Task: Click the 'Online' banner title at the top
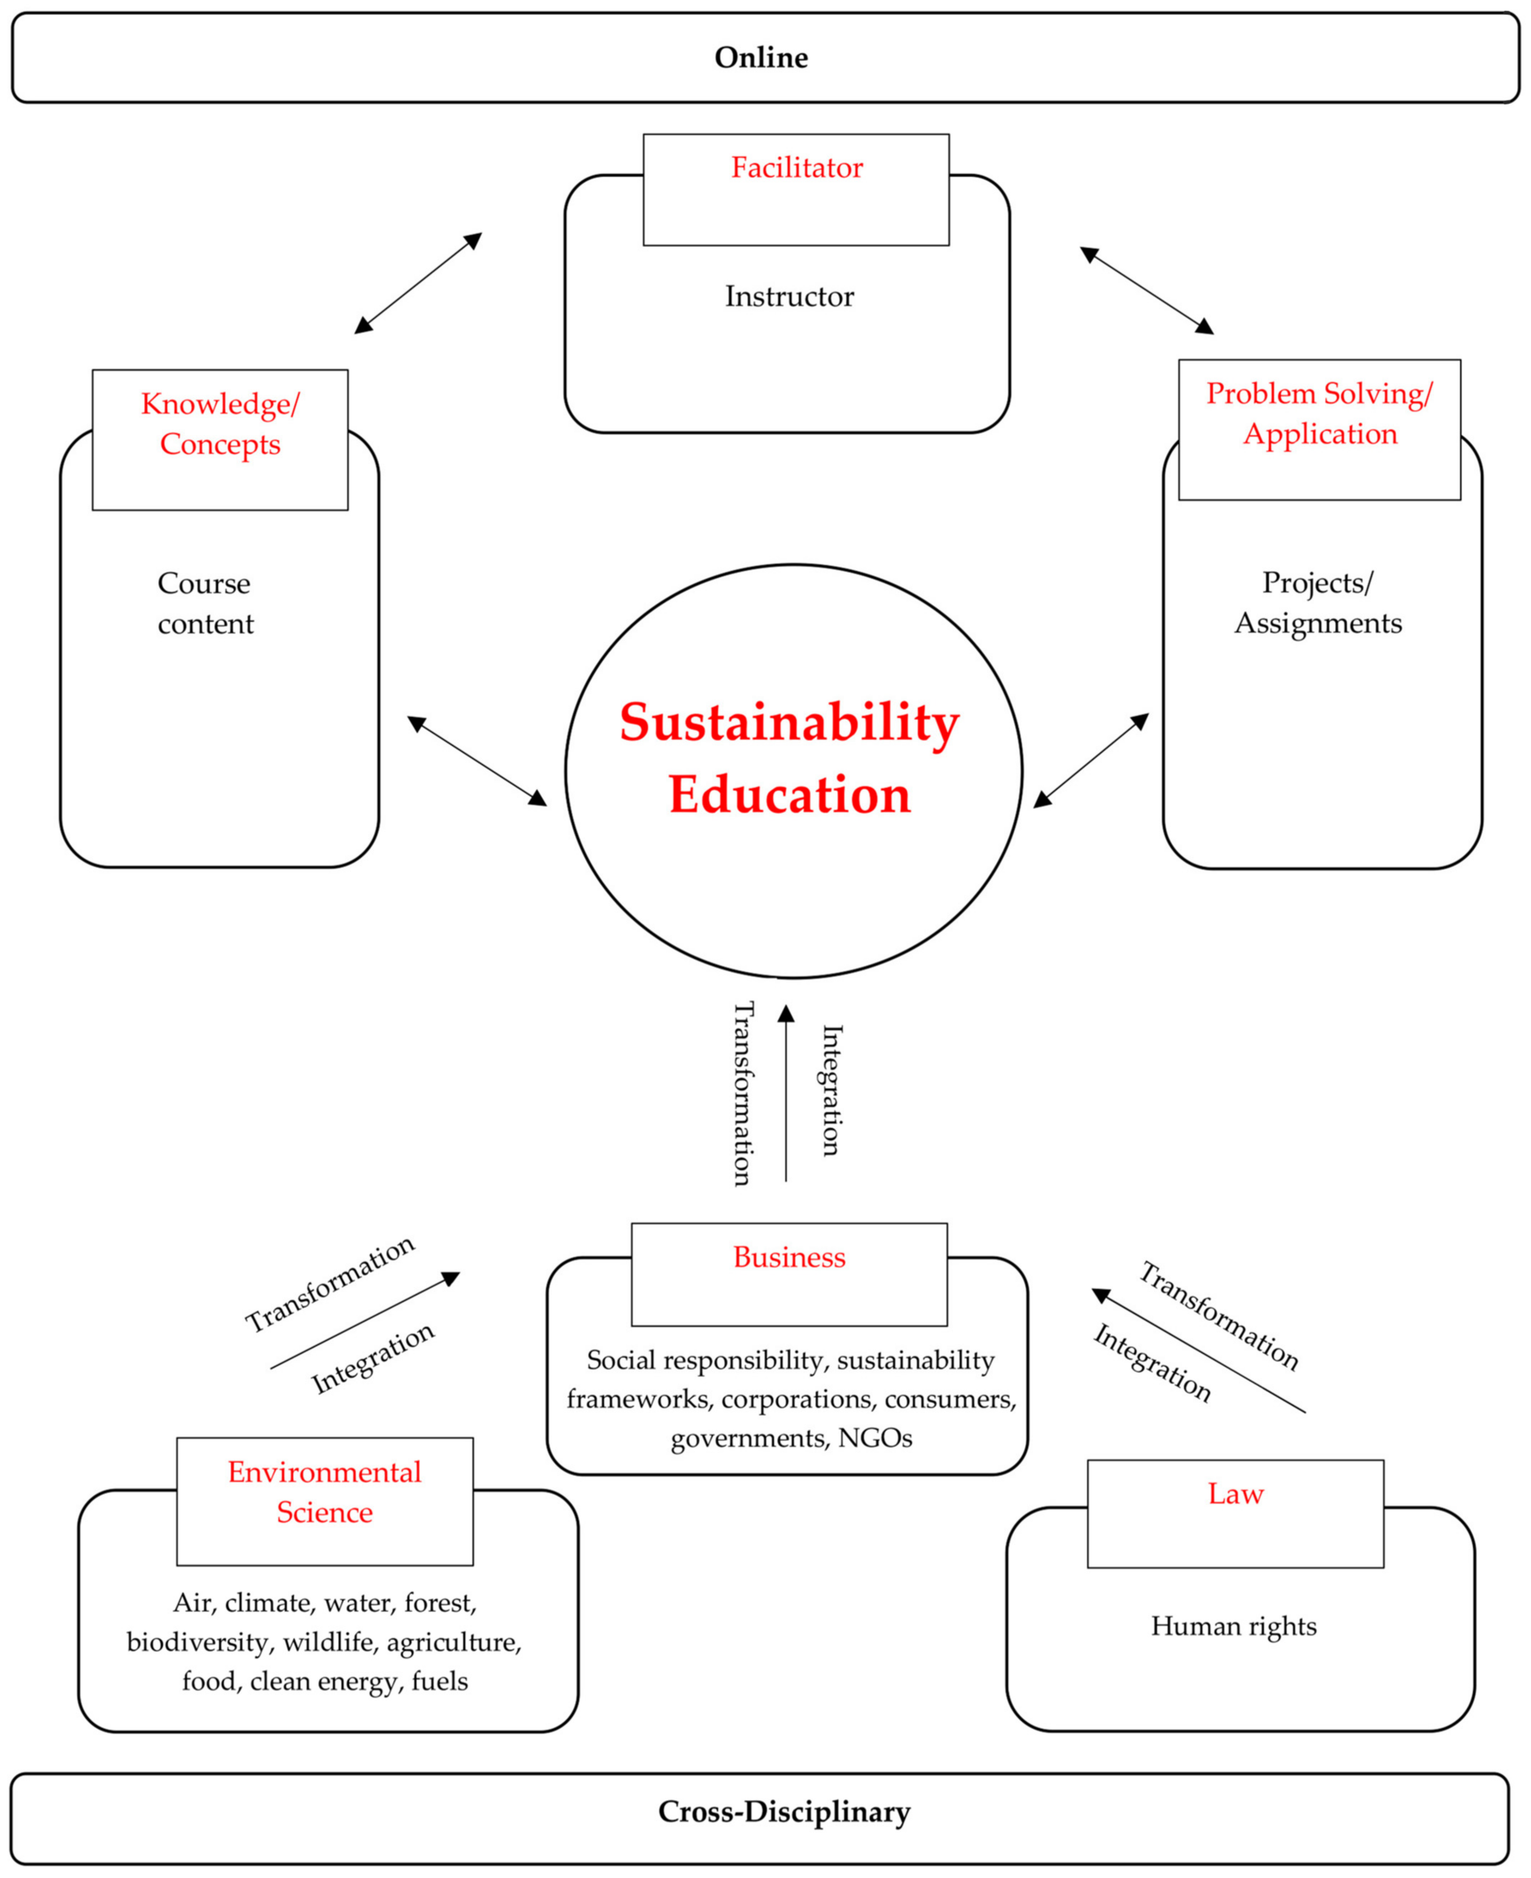760,57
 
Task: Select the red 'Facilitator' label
796,167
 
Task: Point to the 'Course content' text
205,603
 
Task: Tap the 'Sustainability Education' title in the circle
789,758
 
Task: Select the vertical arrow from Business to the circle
786,1093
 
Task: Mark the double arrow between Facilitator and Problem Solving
1147,290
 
